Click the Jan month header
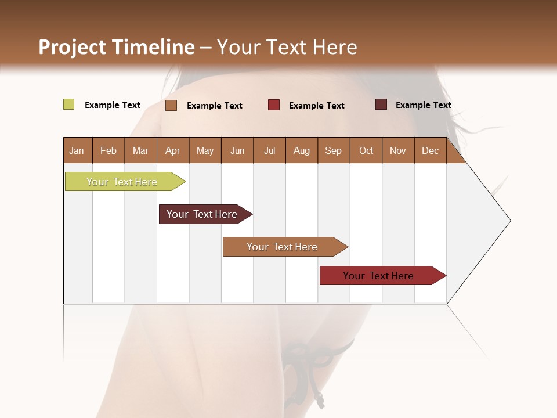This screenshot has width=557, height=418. [77, 151]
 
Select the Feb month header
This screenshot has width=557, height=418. [108, 151]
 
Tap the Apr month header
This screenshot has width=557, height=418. [173, 151]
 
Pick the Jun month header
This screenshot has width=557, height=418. [237, 151]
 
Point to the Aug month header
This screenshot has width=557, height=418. [302, 151]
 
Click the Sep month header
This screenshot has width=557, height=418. [334, 151]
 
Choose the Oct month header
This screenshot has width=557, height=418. [366, 151]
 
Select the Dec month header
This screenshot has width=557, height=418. [431, 151]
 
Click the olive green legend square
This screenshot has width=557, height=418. [68, 105]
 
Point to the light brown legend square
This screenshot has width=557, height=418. [171, 105]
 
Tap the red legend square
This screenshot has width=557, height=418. [274, 105]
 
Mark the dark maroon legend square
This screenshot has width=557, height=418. [381, 105]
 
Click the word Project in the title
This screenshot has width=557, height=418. [72, 47]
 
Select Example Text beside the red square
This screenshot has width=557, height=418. [317, 106]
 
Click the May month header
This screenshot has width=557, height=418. [205, 151]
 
